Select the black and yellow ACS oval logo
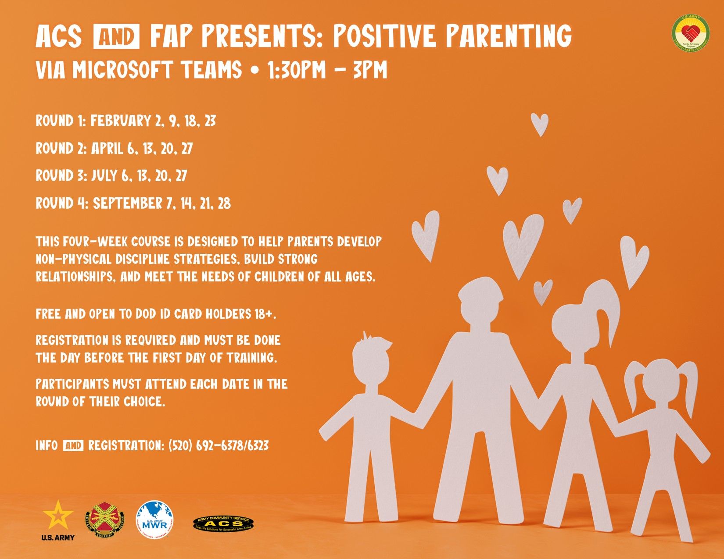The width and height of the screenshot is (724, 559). [x=223, y=523]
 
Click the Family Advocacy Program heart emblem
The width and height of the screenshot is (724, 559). [x=691, y=33]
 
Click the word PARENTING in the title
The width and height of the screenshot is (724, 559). [x=509, y=36]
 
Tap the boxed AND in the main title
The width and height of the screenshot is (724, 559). [x=117, y=37]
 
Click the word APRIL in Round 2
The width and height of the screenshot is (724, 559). [x=107, y=149]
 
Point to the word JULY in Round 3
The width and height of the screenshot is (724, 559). [x=104, y=176]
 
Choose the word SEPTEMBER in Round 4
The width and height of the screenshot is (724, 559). [x=128, y=203]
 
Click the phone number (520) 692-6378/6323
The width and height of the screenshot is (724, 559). [x=219, y=446]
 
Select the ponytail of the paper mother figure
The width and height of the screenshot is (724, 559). [x=610, y=307]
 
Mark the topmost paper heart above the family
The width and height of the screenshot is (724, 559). [x=539, y=123]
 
